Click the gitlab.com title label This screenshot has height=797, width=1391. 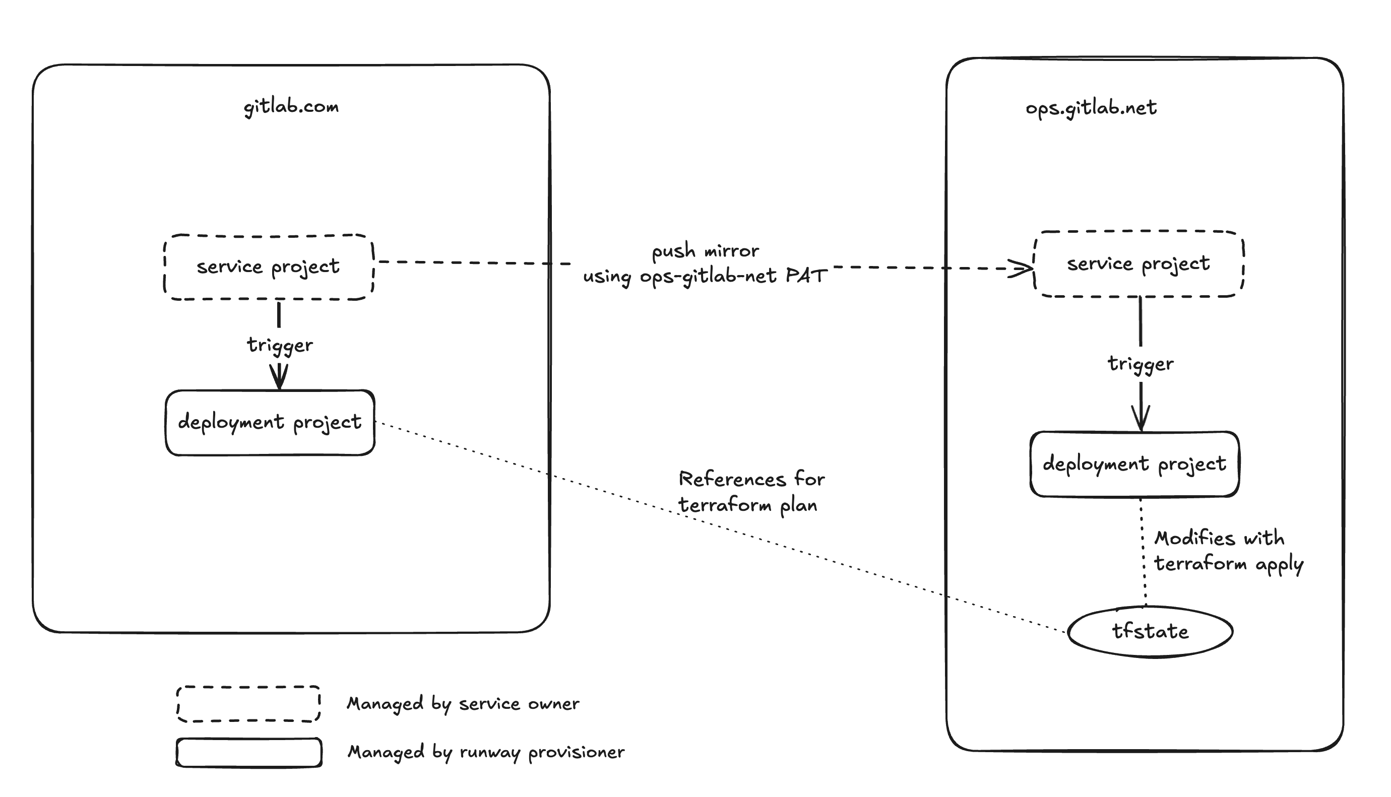tap(291, 106)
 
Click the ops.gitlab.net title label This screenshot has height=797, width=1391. tap(1091, 108)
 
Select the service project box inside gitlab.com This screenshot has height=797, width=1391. tap(268, 267)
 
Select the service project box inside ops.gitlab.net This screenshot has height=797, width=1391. tap(1138, 264)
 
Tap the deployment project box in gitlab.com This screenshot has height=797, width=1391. tap(270, 422)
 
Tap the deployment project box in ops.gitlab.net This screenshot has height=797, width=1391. tap(1134, 463)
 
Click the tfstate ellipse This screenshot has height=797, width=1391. tap(1150, 631)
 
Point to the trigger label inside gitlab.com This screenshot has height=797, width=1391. tap(280, 345)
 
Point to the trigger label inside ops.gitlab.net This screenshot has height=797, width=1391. tap(1141, 363)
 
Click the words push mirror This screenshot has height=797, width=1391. tap(705, 251)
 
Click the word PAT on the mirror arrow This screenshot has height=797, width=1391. tap(806, 276)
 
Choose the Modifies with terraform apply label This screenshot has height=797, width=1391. tap(1227, 551)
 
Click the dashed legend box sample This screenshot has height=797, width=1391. tap(248, 703)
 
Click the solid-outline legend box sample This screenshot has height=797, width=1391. tap(248, 752)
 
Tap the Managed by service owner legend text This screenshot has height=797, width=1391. tap(463, 703)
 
